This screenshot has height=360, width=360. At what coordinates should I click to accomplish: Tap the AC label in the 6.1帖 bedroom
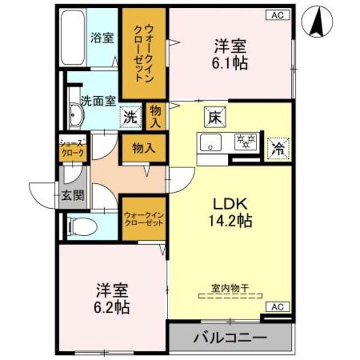coord(277,15)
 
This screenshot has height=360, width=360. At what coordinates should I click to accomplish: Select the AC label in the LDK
coord(277,307)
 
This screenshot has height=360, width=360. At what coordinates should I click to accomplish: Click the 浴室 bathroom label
coord(102,38)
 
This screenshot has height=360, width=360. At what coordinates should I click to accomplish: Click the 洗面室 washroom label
coord(98,101)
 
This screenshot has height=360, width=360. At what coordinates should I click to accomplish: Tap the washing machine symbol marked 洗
coord(130,118)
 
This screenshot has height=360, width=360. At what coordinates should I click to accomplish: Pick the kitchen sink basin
coord(210,143)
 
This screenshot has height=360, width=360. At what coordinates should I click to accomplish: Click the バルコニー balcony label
coord(231,339)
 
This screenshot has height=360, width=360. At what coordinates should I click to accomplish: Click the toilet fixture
coord(78,226)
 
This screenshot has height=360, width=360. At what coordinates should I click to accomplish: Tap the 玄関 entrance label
coord(74,196)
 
